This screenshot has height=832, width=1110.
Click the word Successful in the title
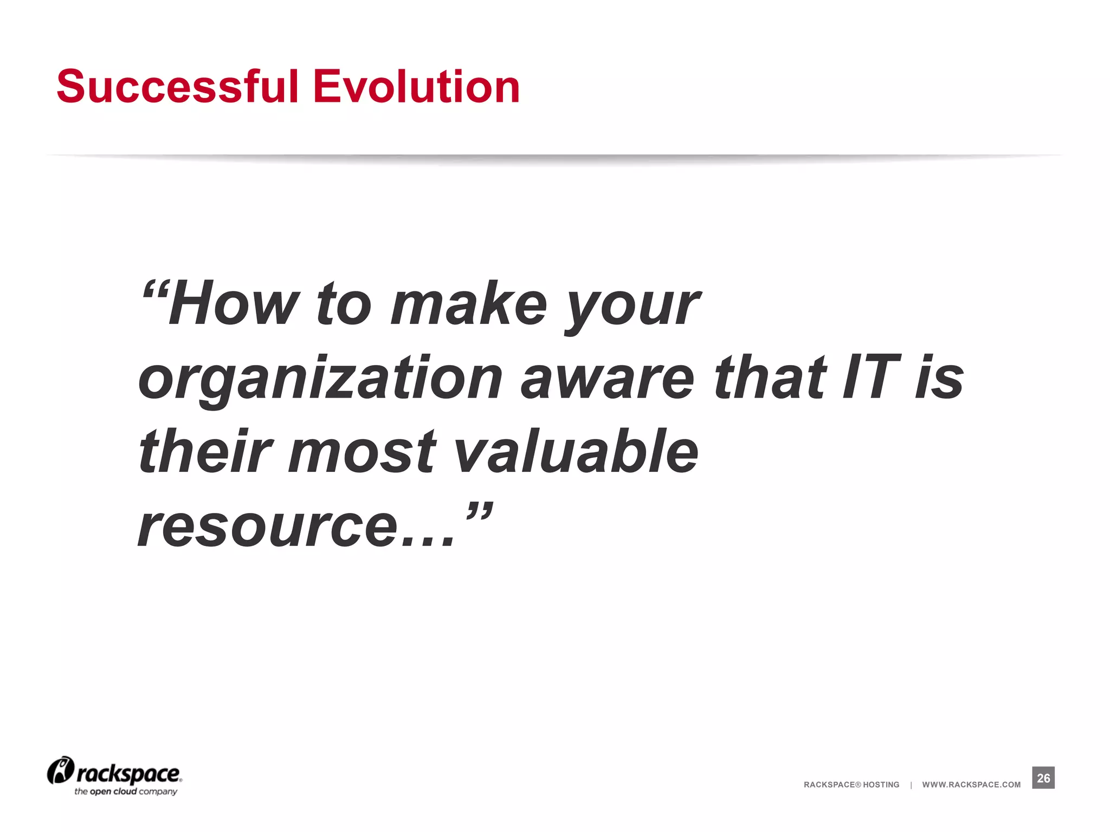(x=178, y=87)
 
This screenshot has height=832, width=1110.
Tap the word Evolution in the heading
(x=416, y=87)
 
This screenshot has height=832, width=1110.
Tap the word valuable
(x=576, y=452)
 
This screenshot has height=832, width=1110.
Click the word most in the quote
(x=362, y=452)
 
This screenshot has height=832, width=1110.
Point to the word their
(x=205, y=452)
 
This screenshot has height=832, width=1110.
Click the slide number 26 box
(x=1043, y=778)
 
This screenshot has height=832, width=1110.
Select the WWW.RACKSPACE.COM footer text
(x=971, y=785)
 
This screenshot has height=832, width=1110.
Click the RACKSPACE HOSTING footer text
(x=851, y=785)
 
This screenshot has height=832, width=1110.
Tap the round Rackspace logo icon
(x=60, y=771)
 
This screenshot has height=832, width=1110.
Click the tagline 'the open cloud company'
(x=126, y=792)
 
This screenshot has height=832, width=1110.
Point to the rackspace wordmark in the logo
(x=129, y=774)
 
